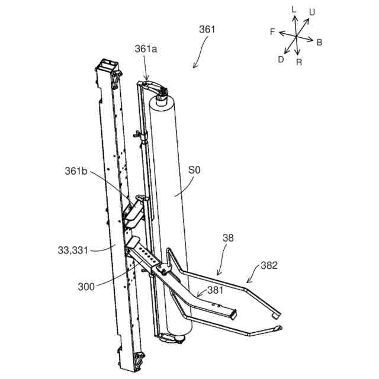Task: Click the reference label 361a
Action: pos(145,51)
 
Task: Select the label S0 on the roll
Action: pos(194,171)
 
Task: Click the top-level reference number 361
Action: pos(207,29)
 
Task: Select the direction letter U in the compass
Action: pos(311,11)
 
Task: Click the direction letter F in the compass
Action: pos(272,31)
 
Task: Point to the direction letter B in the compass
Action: pos(319,42)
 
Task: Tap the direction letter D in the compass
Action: pos(281,59)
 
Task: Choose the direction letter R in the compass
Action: pos(299,62)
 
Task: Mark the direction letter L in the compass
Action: pos(294,9)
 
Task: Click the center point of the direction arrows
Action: pos(296,36)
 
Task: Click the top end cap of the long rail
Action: pos(108,66)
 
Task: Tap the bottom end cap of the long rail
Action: pos(136,359)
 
